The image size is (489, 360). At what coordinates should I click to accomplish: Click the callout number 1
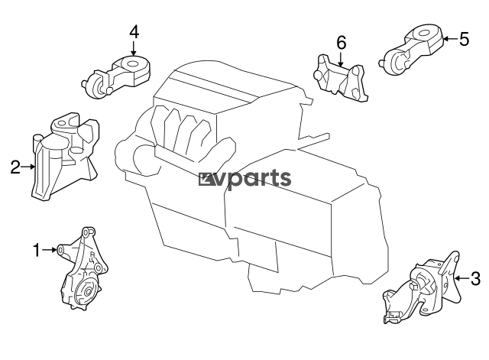point(35,248)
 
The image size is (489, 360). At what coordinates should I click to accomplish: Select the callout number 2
point(15,166)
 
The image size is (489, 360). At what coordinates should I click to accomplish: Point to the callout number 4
point(134,32)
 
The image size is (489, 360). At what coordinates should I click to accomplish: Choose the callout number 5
point(463,38)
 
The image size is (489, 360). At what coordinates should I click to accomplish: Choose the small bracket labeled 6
point(341,76)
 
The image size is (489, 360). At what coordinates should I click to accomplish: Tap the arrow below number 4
point(134,48)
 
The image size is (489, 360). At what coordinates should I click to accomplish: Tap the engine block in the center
point(252,199)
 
